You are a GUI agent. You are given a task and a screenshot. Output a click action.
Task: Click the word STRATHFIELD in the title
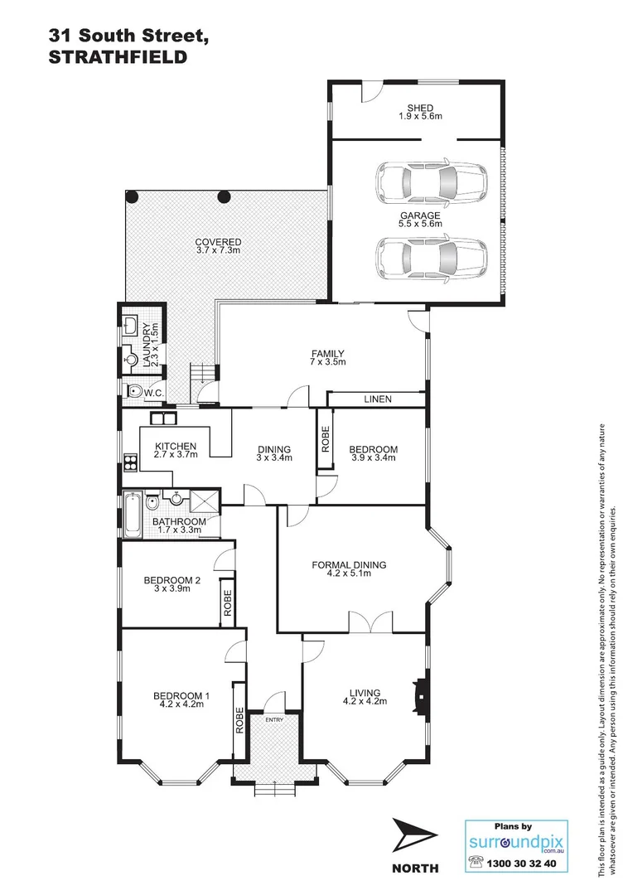[x=116, y=57]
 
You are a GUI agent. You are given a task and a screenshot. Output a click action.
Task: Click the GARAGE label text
[x=421, y=215]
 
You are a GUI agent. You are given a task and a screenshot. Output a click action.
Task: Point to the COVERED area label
[x=218, y=242]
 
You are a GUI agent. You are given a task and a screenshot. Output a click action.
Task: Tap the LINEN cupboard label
[x=377, y=399]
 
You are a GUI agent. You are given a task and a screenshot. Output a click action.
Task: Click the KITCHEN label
[x=175, y=447]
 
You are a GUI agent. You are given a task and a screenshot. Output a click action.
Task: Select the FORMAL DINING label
[x=349, y=565]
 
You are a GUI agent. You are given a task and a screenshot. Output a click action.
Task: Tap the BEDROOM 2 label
[x=172, y=580]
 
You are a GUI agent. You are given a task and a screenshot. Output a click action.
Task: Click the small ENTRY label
[x=274, y=719]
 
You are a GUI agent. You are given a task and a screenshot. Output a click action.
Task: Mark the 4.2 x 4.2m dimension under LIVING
[x=365, y=702]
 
